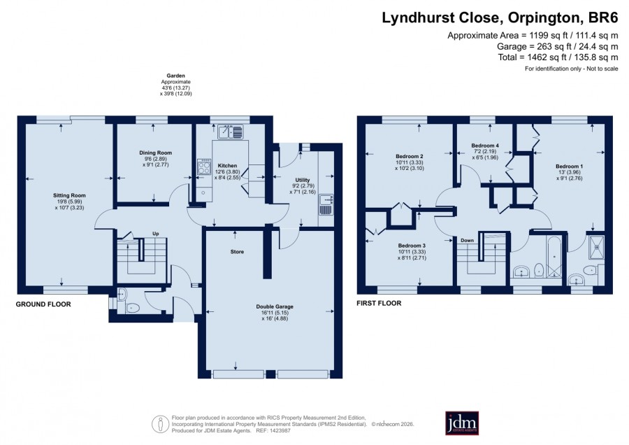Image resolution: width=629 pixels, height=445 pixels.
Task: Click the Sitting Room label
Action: pos(69,196)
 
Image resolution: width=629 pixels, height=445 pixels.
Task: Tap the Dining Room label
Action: pos(156,153)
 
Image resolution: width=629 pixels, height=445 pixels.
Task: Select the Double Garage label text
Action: pos(275,307)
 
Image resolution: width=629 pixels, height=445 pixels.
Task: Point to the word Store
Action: pos(237,252)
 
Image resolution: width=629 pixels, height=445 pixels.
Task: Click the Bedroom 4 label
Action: pos(485,146)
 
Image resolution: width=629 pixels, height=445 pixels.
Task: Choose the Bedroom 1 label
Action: pos(569,167)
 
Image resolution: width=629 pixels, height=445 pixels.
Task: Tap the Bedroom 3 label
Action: pos(412,246)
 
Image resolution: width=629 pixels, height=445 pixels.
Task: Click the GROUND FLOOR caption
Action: pos(43,304)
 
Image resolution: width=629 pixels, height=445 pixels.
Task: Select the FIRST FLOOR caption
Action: pos(379,303)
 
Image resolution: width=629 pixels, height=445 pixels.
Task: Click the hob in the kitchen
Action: pos(204,167)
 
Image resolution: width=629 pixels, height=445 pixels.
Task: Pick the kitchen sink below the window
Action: pos(231,132)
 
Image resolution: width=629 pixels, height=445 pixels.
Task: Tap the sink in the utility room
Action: pos(326,205)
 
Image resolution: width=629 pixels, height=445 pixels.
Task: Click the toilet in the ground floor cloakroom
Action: pos(132,308)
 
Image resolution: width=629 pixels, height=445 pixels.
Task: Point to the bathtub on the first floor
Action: pos(554,256)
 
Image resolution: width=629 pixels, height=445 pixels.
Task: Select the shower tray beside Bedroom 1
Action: pos(595,246)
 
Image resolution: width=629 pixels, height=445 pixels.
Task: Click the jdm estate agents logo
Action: pos(462,423)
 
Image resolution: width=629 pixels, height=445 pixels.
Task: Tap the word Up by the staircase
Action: pos(156,234)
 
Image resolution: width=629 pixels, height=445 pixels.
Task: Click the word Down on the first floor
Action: pos(468,241)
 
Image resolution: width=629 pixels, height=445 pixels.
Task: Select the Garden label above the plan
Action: pos(175,76)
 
